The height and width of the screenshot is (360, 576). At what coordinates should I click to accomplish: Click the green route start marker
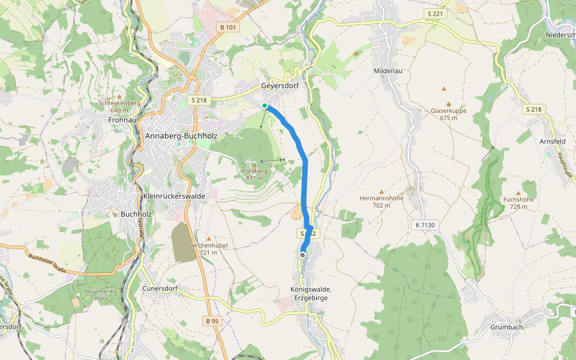coord(265,106)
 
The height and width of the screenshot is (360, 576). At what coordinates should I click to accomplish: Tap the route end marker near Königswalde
coord(302,254)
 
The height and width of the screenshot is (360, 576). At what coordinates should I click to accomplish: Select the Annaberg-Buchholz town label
coord(181,136)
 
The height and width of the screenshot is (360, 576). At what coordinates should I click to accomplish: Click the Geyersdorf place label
coord(280,86)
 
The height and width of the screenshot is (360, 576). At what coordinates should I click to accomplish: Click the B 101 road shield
coord(229,27)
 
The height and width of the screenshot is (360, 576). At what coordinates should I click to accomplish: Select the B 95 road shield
coord(212,322)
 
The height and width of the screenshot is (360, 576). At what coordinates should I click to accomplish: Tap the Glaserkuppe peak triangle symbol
coord(445,88)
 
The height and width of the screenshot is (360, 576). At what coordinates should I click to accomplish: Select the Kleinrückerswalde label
coord(175,196)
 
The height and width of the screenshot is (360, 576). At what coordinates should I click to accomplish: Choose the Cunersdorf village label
coord(160,288)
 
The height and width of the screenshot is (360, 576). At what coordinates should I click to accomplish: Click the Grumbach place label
coord(507,327)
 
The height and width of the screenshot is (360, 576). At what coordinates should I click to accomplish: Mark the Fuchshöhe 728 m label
coord(519,203)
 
